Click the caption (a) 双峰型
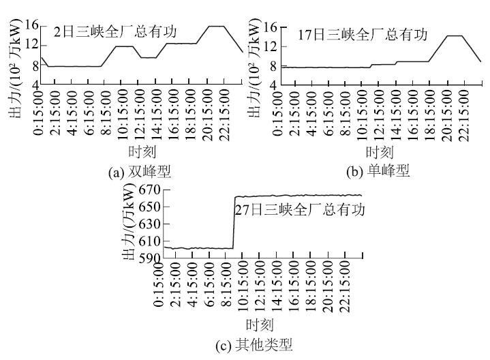139,172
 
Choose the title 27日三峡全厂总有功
300,209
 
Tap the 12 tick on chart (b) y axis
271,46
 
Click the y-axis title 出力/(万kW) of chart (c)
127,225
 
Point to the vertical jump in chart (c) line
234,222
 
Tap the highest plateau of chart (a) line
216,27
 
